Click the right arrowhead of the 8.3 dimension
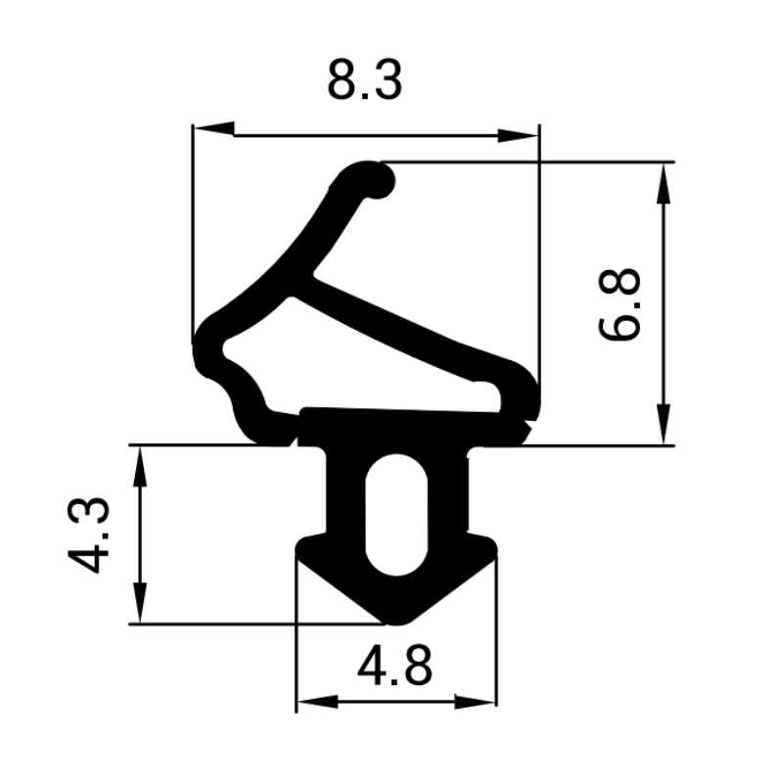[519, 134]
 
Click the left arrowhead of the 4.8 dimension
[316, 702]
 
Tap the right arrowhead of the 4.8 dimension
[476, 702]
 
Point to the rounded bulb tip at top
[374, 179]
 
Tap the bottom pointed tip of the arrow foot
[395, 618]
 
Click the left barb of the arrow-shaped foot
[304, 549]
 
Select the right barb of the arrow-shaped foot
[486, 549]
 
